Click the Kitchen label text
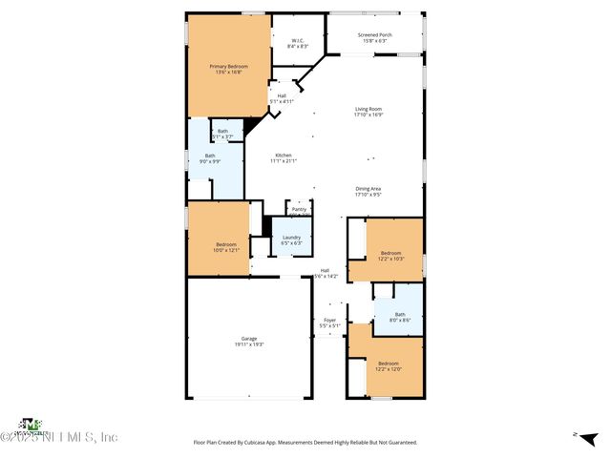(x=284, y=157)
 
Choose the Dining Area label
(x=369, y=191)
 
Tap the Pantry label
(x=299, y=208)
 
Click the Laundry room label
(x=291, y=239)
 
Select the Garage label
(x=249, y=342)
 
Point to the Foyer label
(x=329, y=323)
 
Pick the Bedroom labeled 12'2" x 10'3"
(x=390, y=256)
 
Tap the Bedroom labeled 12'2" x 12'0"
(x=389, y=365)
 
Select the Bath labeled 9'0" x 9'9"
(x=210, y=158)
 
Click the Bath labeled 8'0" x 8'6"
(x=400, y=317)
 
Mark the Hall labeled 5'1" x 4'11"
(x=282, y=97)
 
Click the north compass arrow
(x=576, y=435)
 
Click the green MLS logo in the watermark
(x=32, y=424)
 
